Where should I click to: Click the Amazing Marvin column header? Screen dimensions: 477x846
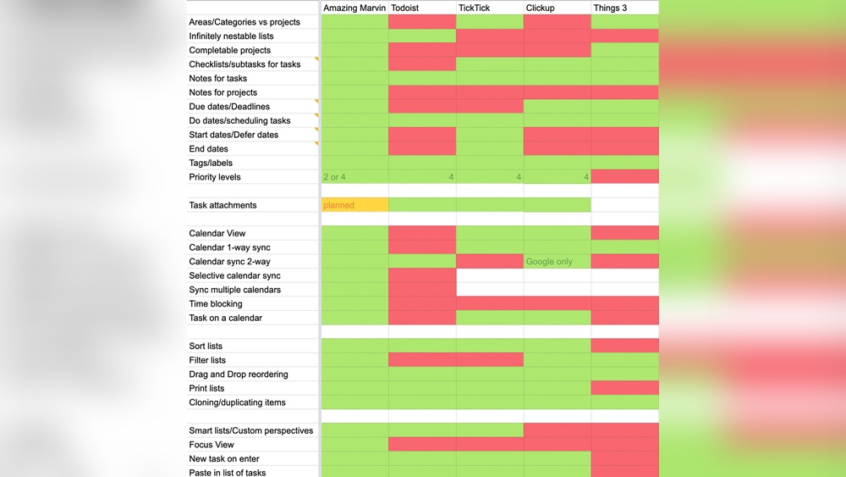(x=354, y=8)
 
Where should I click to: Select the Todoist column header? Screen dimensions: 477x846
(x=422, y=8)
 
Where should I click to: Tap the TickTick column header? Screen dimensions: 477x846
(x=490, y=8)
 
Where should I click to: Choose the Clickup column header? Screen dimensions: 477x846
(x=557, y=8)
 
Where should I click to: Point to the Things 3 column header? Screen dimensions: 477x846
(x=624, y=8)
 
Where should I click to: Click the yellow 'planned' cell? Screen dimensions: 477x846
(x=354, y=205)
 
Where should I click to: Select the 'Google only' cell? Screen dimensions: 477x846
(x=557, y=262)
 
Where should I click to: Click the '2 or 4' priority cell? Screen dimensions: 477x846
(x=354, y=177)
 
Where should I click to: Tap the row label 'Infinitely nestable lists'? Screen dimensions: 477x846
(x=231, y=36)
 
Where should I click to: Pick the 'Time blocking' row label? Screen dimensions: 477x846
(x=216, y=304)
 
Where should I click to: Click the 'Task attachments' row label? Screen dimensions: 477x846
(x=222, y=205)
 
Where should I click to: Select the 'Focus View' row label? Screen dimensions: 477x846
(x=211, y=445)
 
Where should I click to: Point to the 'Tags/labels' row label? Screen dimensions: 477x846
(x=211, y=163)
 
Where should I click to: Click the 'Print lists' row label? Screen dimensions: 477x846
(x=206, y=389)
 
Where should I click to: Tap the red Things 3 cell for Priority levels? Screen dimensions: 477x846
(x=624, y=177)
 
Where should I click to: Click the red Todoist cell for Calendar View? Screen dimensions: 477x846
(x=422, y=233)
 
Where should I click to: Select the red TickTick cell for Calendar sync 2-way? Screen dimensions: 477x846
(x=490, y=262)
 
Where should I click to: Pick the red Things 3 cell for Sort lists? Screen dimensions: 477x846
(x=624, y=346)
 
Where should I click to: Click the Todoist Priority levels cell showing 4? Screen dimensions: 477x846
(x=422, y=177)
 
